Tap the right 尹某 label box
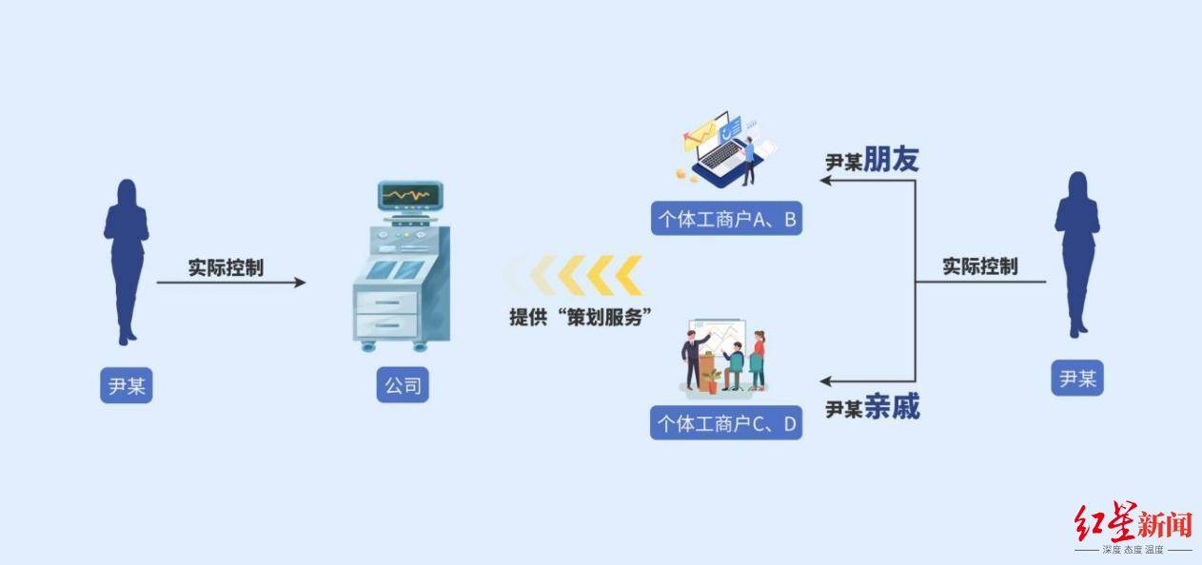click(1077, 378)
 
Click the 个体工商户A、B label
click(726, 220)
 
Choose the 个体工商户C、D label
click(726, 423)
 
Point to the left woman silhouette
click(125, 259)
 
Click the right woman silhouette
click(1076, 253)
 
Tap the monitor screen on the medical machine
click(406, 196)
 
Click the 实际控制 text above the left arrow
click(226, 267)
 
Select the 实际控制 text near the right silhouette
click(979, 266)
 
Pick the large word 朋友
click(892, 160)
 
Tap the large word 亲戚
click(892, 408)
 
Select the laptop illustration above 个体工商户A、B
click(725, 148)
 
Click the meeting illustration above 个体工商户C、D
click(724, 360)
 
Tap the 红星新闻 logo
click(1133, 524)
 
